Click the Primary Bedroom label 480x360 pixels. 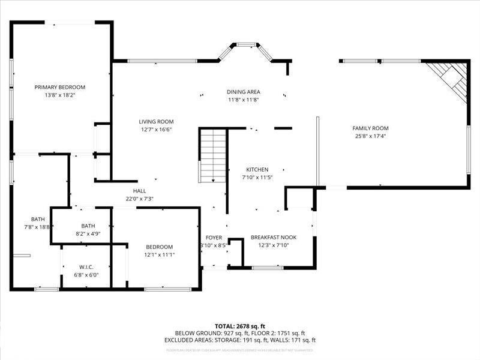(59, 87)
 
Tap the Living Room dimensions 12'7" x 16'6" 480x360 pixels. (157, 129)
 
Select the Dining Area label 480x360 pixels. (243, 92)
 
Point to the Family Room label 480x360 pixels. (370, 128)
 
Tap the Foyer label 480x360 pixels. (214, 238)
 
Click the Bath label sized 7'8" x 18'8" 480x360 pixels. (38, 219)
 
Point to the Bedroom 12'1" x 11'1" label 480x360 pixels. (159, 247)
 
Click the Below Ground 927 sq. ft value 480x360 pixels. (209, 333)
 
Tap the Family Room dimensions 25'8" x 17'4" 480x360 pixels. (370, 136)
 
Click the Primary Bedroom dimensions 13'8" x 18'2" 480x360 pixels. (59, 95)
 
